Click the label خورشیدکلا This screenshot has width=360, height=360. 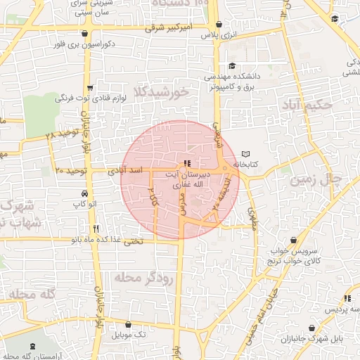click(163, 92)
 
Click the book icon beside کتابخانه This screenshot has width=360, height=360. click(245, 154)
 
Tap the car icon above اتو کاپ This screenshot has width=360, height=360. click(85, 193)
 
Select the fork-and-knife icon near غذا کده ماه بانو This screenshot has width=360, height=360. click(96, 229)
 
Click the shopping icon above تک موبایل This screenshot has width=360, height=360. click(129, 324)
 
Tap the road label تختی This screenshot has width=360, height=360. click(133, 240)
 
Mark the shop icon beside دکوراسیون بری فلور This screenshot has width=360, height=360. click(85, 33)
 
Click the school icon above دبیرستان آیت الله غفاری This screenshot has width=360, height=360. click(186, 163)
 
